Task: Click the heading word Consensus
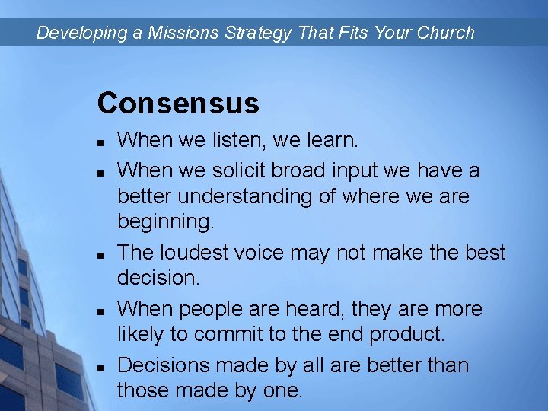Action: click(x=178, y=103)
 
